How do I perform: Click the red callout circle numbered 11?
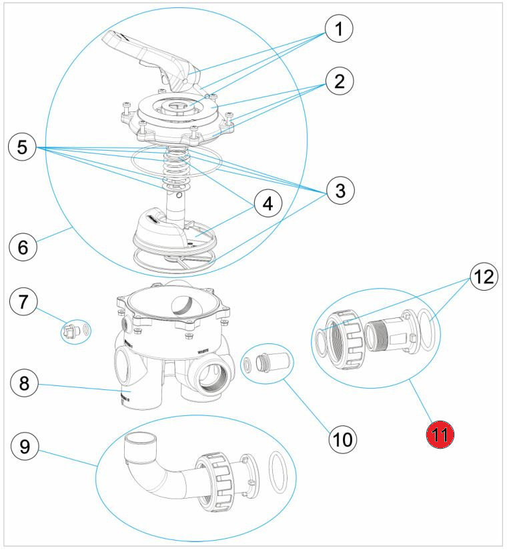[440, 435]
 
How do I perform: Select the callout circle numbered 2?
[339, 83]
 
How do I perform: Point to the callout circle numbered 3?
[340, 191]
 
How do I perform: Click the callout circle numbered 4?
[267, 203]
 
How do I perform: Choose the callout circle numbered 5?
[23, 146]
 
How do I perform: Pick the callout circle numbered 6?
[23, 247]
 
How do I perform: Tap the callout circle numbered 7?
[23, 303]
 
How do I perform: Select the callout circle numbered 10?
[342, 439]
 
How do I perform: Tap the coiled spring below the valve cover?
[175, 170]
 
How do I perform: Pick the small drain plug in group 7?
[69, 329]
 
